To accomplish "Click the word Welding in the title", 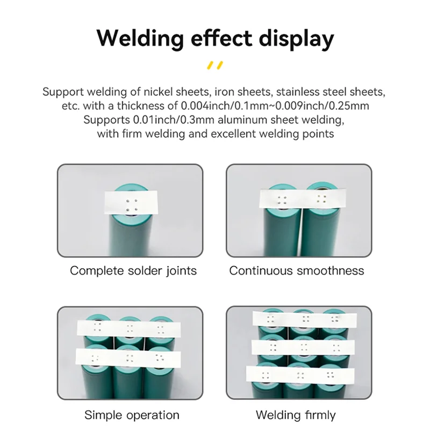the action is [x=137, y=39].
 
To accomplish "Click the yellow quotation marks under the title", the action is [x=214, y=66].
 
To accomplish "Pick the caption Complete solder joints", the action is [x=133, y=270].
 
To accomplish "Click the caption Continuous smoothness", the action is [x=297, y=270].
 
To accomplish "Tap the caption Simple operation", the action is [x=132, y=415].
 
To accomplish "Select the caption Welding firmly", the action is [x=296, y=415].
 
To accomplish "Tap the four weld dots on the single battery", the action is [x=132, y=204].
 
